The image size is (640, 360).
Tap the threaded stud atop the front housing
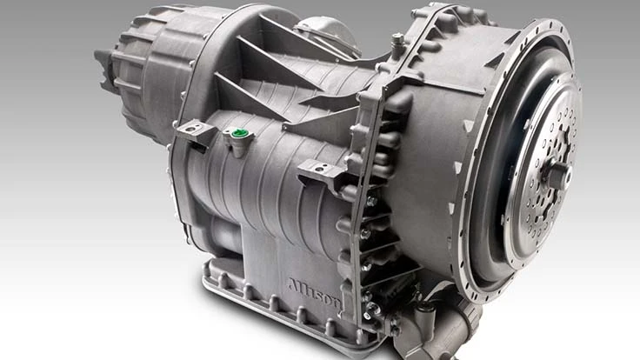[x=397, y=42]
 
